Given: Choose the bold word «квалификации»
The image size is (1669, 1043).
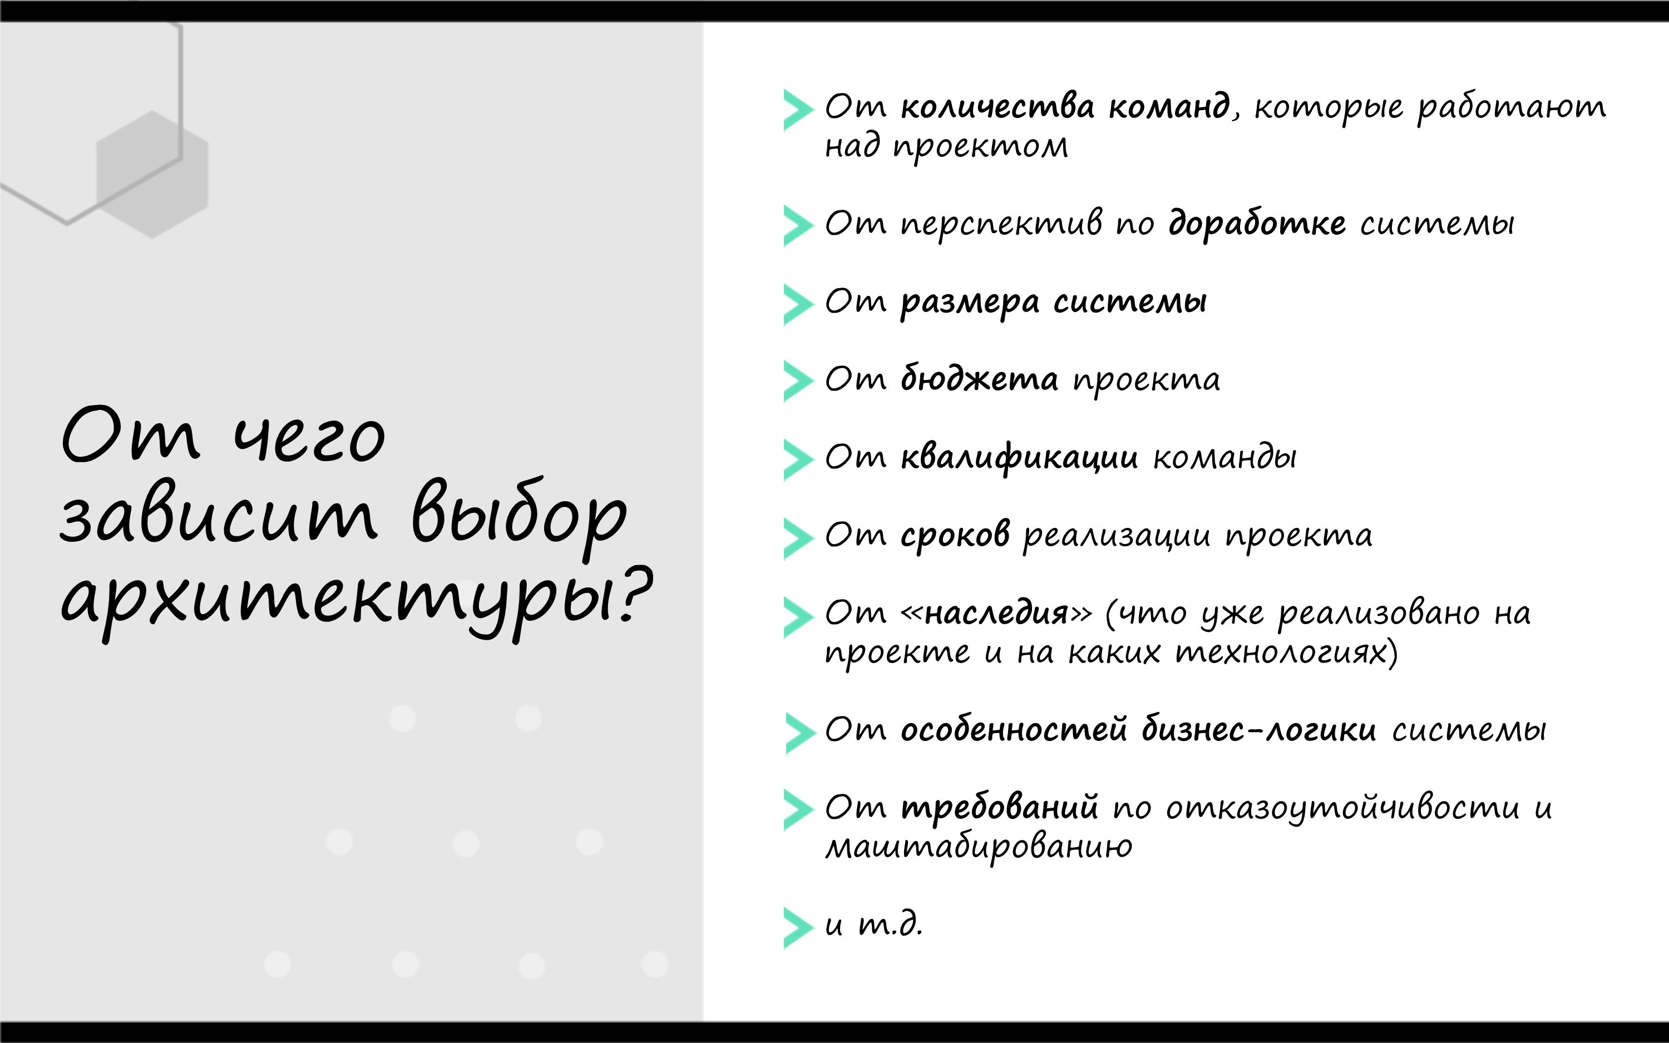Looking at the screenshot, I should tap(1019, 457).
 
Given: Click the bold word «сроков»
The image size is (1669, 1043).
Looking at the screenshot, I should tap(955, 535).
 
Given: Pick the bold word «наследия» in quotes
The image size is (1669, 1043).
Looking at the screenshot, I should tap(996, 612).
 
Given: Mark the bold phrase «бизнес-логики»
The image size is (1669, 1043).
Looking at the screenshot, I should tap(1258, 730).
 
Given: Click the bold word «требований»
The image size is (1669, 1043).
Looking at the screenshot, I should tap(999, 807).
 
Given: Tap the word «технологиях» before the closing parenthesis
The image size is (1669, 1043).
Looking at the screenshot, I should tap(1281, 653).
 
